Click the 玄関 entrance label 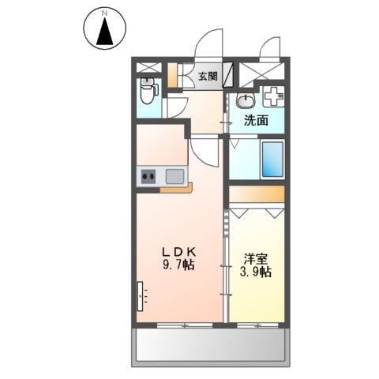[x=208, y=77]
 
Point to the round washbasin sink [x=244, y=101]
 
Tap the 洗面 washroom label [x=255, y=121]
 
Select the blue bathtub [x=272, y=160]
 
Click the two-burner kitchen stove [x=148, y=177]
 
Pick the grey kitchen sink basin [x=174, y=176]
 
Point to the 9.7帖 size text [x=179, y=266]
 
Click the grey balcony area [x=210, y=345]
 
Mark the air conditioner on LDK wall [x=139, y=298]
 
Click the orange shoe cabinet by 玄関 [x=172, y=77]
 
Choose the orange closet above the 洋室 [x=257, y=195]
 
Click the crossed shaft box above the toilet [x=147, y=68]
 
